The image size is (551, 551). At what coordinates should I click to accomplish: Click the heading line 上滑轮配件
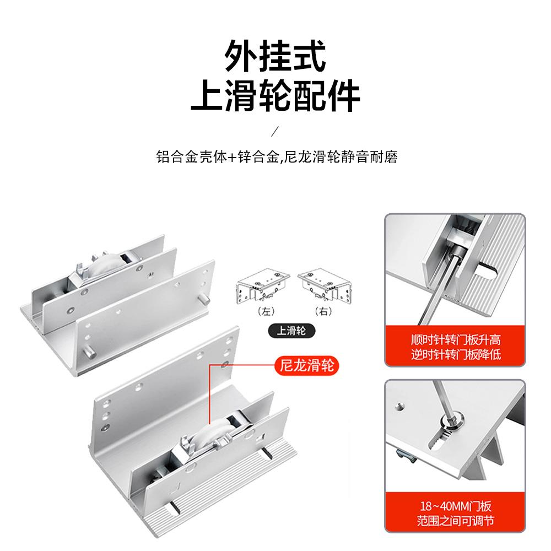pos(275,98)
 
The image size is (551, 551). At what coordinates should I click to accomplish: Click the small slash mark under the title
pos(276,131)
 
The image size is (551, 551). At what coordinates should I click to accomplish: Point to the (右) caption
pos(322,311)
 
